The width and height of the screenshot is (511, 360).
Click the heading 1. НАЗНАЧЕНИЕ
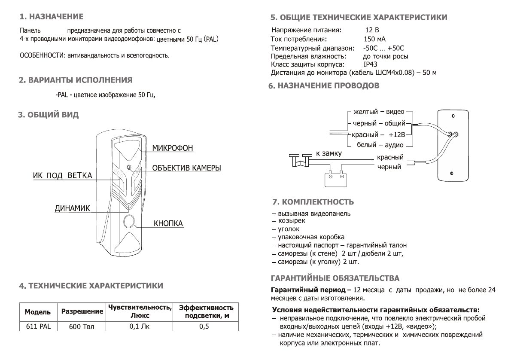pyautogui.click(x=52, y=17)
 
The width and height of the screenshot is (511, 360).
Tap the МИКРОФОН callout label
pyautogui.click(x=173, y=148)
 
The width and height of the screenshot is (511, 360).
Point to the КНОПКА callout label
pyautogui.click(x=168, y=224)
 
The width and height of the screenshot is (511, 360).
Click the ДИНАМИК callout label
pyautogui.click(x=72, y=208)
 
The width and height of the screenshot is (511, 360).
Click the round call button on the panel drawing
pyautogui.click(x=128, y=222)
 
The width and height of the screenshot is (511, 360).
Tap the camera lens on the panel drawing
pyautogui.click(x=129, y=167)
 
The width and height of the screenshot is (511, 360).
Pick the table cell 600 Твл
pyautogui.click(x=81, y=326)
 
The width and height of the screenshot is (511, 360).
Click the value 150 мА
pyautogui.click(x=374, y=39)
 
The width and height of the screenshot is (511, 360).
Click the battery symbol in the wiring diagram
pyautogui.click(x=336, y=178)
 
